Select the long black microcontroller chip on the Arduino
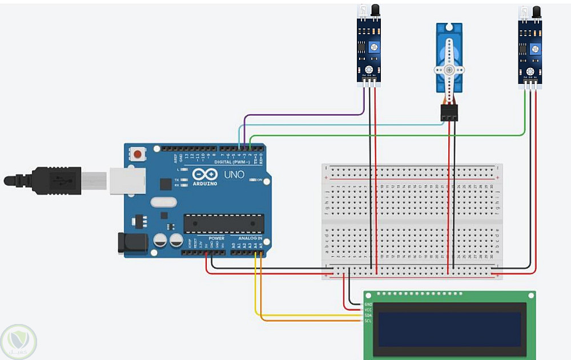pyautogui.click(x=223, y=224)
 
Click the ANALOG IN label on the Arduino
pyautogui.click(x=250, y=238)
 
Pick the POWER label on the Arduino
pyautogui.click(x=216, y=238)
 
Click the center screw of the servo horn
pyautogui.click(x=449, y=70)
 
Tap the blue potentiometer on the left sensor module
pyautogui.click(x=374, y=47)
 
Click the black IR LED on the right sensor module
pyautogui.click(x=537, y=10)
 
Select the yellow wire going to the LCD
pyautogui.click(x=308, y=315)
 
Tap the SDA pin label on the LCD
pyautogui.click(x=368, y=315)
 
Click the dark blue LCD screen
pyautogui.click(x=449, y=329)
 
